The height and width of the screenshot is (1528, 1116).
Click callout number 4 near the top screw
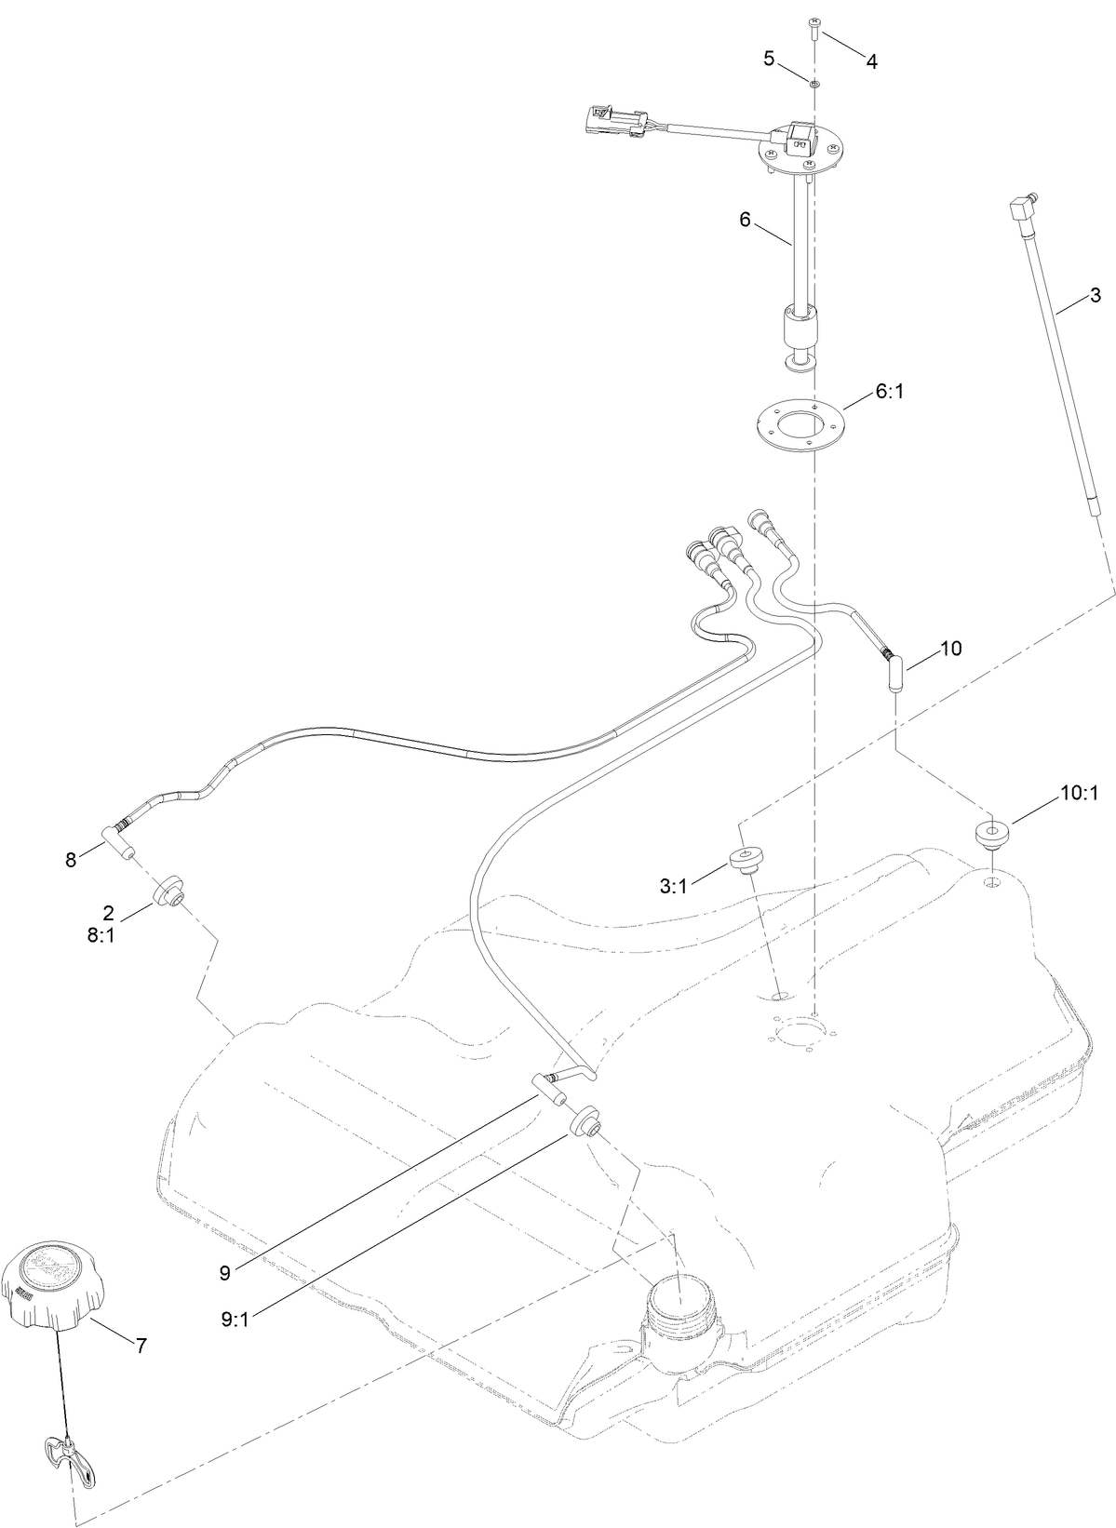tap(871, 61)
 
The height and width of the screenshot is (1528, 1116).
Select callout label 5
tap(769, 59)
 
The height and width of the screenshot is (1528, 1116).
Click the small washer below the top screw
tap(813, 84)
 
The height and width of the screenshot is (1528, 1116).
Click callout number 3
tap(1095, 296)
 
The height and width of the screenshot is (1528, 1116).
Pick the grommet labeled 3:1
tap(746, 859)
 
